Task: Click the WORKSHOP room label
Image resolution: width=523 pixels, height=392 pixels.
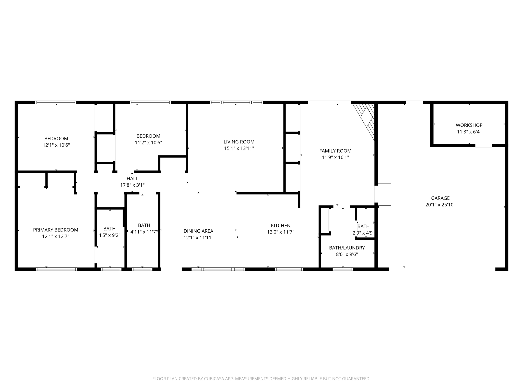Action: tap(469, 125)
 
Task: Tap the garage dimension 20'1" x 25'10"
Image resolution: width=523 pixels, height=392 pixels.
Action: tap(440, 205)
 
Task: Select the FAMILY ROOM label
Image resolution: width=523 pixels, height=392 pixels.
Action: tap(335, 151)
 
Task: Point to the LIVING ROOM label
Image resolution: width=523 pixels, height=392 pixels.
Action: tap(239, 142)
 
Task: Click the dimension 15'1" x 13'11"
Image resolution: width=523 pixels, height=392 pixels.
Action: tap(239, 149)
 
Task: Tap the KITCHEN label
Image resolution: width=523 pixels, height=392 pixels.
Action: tap(280, 226)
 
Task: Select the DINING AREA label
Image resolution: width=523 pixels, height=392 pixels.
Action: tap(198, 231)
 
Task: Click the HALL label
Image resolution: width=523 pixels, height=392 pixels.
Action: tap(132, 179)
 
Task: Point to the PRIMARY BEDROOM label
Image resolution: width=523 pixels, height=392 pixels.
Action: tap(56, 230)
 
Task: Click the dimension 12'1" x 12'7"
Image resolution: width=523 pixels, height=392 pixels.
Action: tap(56, 237)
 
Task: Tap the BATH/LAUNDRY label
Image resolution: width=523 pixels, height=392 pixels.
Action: tap(347, 248)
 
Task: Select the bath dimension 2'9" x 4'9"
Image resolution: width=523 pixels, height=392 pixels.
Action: tap(363, 233)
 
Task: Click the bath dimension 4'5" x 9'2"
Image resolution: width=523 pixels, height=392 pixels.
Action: tap(109, 235)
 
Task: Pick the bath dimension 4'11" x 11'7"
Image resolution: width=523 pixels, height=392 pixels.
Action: tap(144, 232)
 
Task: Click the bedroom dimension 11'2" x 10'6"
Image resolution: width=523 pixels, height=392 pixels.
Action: tap(148, 143)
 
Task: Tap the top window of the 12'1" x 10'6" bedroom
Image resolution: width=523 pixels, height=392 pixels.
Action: tap(56, 102)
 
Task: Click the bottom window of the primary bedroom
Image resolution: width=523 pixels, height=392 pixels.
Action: tap(56, 269)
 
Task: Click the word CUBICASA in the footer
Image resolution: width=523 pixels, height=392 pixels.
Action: tap(214, 379)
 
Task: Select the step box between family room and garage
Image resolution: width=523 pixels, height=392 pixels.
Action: tap(384, 194)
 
